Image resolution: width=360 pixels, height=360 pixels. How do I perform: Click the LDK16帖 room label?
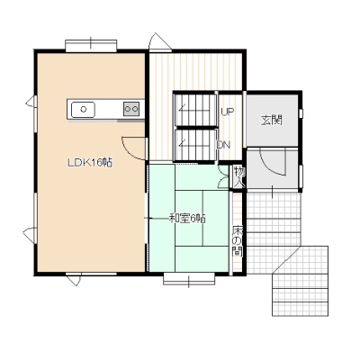(x=90, y=163)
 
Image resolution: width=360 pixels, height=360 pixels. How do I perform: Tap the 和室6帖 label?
(x=187, y=219)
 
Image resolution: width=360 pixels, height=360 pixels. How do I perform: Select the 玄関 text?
(x=272, y=121)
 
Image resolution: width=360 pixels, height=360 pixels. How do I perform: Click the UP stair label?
(x=228, y=112)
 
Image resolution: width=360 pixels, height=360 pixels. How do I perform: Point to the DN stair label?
(x=224, y=145)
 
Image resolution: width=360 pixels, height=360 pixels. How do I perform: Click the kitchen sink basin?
(x=83, y=110)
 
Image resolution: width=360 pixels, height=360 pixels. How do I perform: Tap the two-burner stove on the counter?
(x=131, y=109)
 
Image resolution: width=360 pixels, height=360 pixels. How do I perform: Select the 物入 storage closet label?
(x=239, y=177)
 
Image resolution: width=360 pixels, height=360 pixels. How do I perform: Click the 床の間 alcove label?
(x=238, y=241)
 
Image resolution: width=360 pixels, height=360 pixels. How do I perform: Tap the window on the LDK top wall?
(x=91, y=45)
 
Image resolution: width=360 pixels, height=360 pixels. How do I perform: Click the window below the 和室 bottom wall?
(x=189, y=278)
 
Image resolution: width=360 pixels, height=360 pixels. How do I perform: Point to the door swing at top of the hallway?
(x=160, y=40)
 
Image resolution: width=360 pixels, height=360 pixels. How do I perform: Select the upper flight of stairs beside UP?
(x=195, y=110)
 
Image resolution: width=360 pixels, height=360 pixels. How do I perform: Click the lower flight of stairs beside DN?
(x=195, y=145)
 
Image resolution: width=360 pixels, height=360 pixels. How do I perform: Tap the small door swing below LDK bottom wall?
(x=74, y=280)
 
